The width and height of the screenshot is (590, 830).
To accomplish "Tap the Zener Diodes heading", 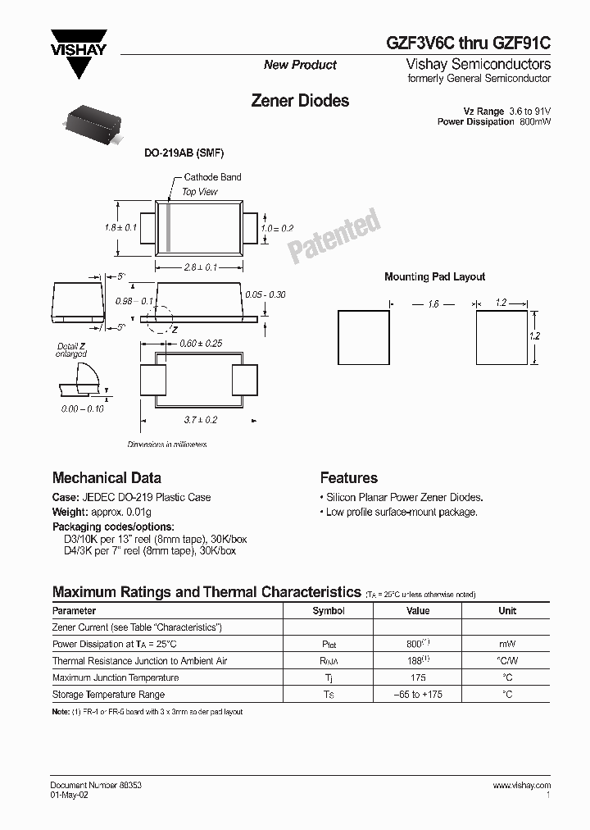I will point(299,101).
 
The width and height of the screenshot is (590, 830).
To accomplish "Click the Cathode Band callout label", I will point(212,177).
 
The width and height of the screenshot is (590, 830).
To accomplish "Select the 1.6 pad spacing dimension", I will point(433,303).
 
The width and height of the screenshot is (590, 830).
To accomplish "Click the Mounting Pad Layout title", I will point(434,277).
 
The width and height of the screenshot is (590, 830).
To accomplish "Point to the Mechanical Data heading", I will point(107,478).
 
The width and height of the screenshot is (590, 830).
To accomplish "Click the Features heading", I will point(348,478).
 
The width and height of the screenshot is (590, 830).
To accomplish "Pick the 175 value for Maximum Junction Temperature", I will point(418,677).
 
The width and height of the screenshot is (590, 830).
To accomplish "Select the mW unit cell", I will point(507,644).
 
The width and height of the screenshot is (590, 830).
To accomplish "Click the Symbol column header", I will point(329,611).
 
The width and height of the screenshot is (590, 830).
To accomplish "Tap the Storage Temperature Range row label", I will point(109,695).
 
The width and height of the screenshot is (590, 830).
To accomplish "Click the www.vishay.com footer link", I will point(521,785).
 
